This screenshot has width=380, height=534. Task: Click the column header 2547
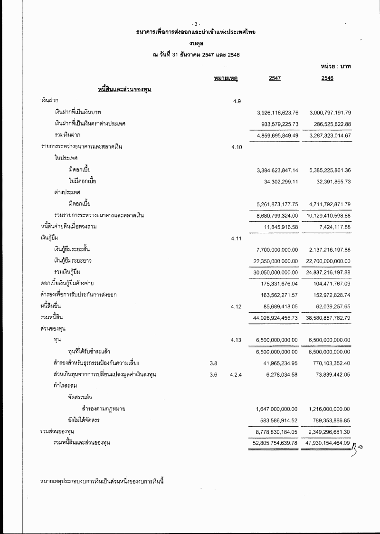click(x=275, y=78)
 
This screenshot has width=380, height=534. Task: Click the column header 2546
click(x=327, y=78)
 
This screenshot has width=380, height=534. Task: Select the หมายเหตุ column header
click(x=226, y=77)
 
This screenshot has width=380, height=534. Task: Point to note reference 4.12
click(x=237, y=306)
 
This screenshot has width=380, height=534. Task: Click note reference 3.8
click(x=213, y=363)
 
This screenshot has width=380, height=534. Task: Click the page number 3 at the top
click(x=196, y=24)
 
